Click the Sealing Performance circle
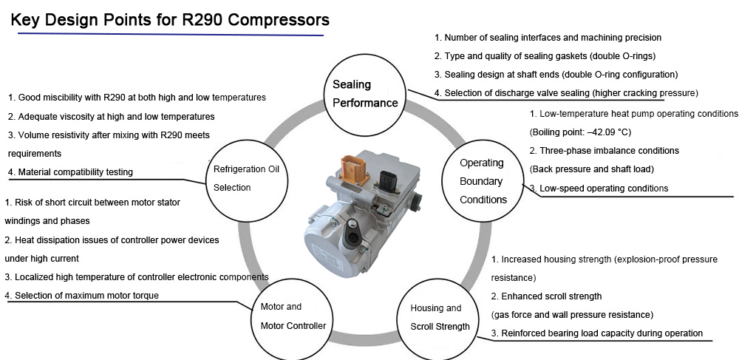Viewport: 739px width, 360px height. click(365, 93)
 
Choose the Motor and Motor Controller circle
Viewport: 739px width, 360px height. click(293, 316)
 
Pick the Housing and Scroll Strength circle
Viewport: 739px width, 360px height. click(440, 317)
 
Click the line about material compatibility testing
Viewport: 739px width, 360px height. click(70, 172)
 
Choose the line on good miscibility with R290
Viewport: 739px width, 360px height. click(137, 98)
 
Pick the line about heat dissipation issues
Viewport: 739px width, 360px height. click(112, 240)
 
